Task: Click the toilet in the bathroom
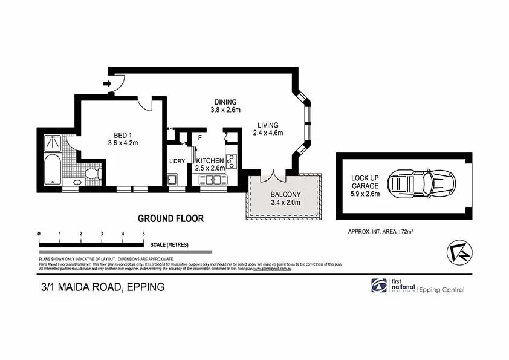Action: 92,174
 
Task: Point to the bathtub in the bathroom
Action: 53,171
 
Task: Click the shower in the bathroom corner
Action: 53,143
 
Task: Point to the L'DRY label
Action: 177,160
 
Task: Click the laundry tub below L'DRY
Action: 172,179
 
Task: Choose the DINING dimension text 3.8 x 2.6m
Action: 225,110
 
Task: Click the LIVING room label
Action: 267,125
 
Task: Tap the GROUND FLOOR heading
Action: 170,218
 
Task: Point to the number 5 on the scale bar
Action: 143,234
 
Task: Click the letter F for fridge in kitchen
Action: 198,137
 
